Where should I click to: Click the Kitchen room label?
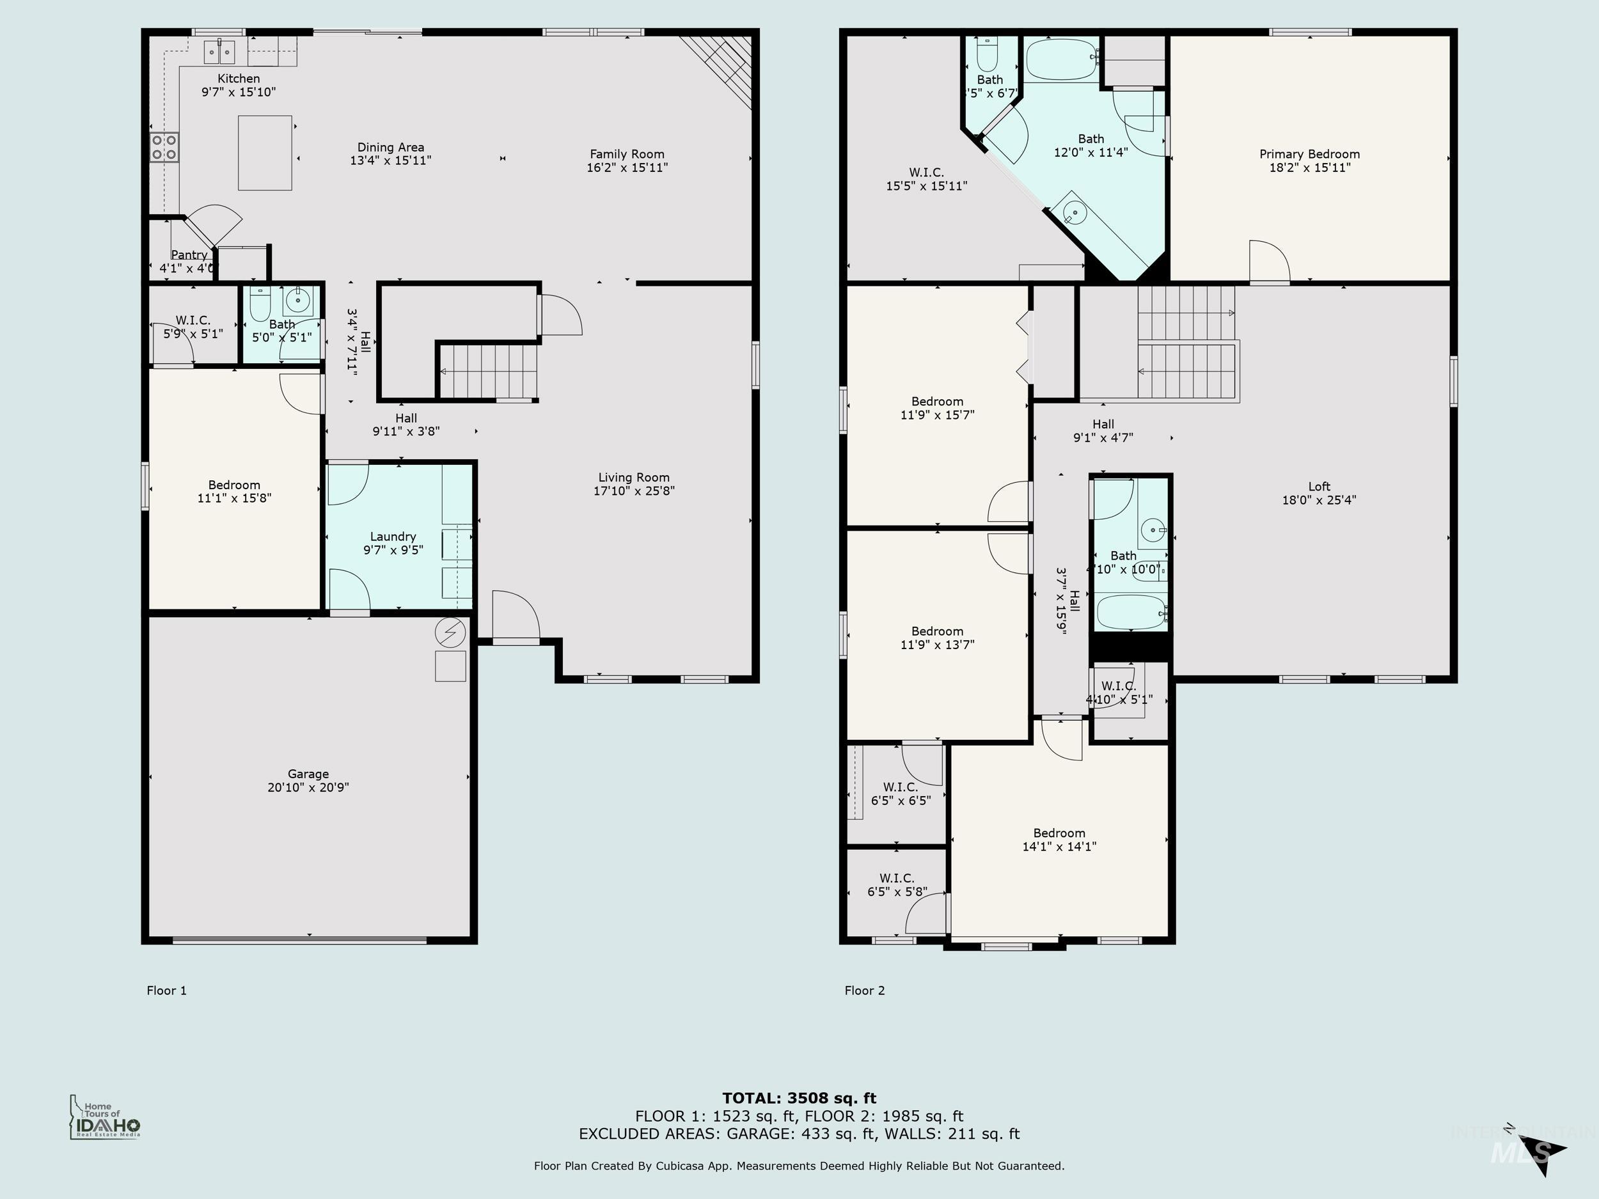tap(239, 79)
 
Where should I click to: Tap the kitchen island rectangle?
tap(265, 153)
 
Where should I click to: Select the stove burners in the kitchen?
tap(164, 148)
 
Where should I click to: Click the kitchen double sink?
tap(218, 52)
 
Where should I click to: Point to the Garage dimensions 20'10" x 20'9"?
tap(308, 787)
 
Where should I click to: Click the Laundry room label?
tap(393, 537)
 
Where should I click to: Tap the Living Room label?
tap(633, 478)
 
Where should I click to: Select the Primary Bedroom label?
tap(1309, 154)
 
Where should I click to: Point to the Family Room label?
tap(627, 154)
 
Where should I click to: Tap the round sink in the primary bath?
tap(1075, 213)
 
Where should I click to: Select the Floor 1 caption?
tap(166, 990)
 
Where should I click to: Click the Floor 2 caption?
tap(865, 990)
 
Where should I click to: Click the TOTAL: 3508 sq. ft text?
tap(799, 1099)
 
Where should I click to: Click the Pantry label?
tap(189, 255)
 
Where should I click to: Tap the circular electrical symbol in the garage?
tap(450, 634)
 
